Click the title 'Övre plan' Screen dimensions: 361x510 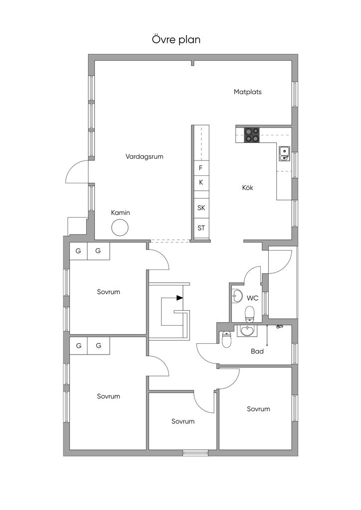(x=176, y=40)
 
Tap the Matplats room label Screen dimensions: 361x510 (x=247, y=92)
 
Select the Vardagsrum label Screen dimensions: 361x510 (x=144, y=156)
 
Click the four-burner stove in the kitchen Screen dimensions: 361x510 (x=252, y=135)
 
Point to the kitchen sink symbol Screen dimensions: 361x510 (x=284, y=154)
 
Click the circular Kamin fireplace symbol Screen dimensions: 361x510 (x=120, y=228)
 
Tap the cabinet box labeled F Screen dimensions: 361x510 (x=201, y=168)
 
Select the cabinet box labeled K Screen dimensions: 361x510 (x=201, y=183)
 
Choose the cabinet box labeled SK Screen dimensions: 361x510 (x=201, y=208)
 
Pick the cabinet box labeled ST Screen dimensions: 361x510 (x=201, y=228)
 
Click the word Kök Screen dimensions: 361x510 (x=247, y=188)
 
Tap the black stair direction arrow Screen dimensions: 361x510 (x=180, y=298)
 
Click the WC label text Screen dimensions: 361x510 (x=252, y=298)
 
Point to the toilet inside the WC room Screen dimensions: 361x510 (x=250, y=314)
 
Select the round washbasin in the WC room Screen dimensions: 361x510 (x=238, y=296)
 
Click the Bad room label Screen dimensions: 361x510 (x=257, y=351)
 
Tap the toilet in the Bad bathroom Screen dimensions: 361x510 (x=226, y=339)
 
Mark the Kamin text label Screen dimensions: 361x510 (x=121, y=213)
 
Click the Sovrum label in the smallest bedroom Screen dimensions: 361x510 (x=183, y=421)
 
